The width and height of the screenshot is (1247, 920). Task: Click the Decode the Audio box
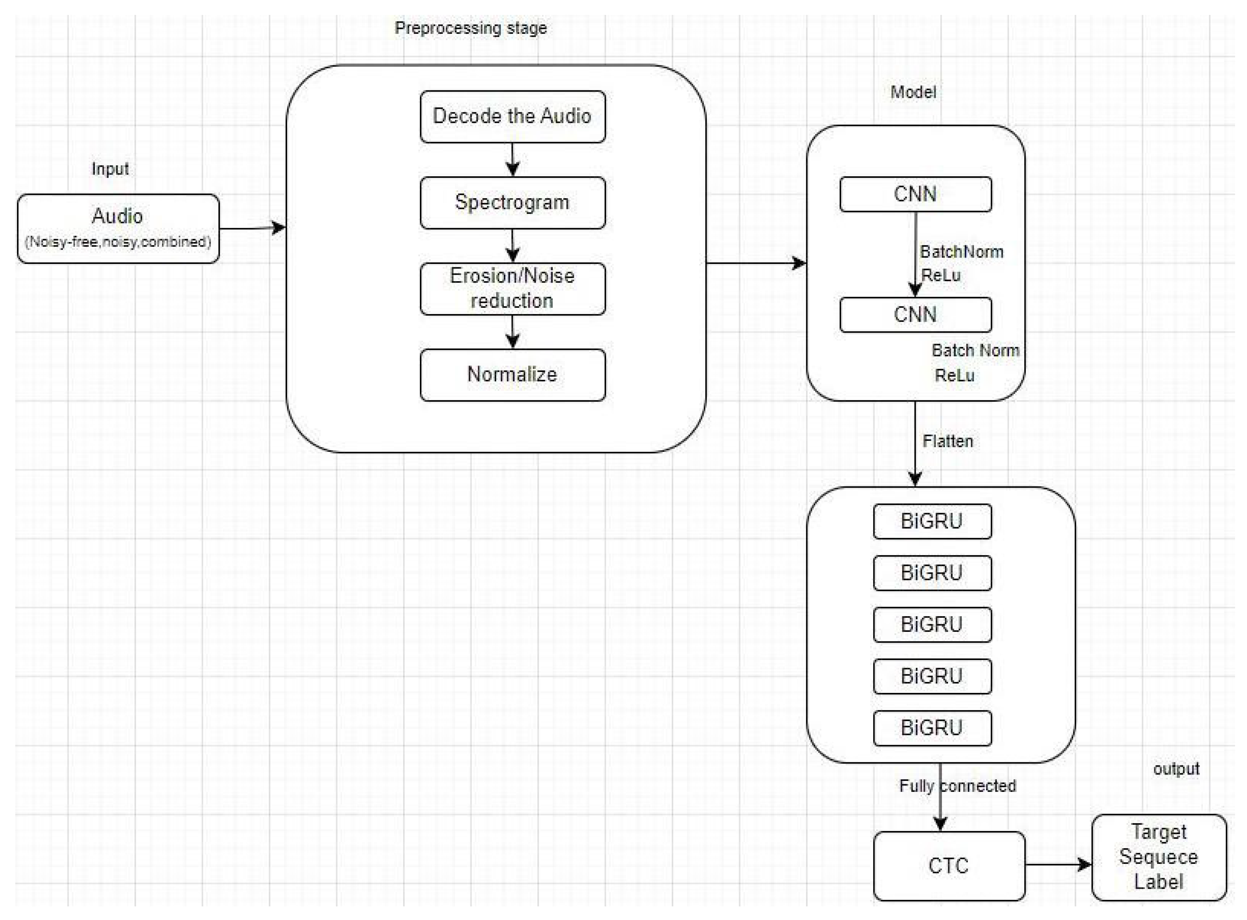click(512, 117)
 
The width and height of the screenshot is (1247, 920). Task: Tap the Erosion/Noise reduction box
click(512, 289)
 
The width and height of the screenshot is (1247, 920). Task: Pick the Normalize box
click(512, 374)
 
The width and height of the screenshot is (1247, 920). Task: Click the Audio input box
click(118, 228)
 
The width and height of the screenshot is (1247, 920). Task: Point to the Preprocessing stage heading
click(470, 28)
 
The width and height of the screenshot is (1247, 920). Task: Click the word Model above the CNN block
click(913, 92)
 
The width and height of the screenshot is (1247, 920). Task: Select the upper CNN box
click(915, 194)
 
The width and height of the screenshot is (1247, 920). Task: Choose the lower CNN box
click(915, 315)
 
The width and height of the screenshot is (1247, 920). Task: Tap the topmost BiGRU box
click(932, 521)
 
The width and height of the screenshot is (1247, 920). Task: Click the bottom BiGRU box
click(932, 728)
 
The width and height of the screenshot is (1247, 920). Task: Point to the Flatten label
click(948, 441)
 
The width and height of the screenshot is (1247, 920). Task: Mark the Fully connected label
click(958, 786)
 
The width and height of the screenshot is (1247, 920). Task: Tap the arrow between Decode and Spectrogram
click(513, 159)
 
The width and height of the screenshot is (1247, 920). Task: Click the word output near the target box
click(1176, 769)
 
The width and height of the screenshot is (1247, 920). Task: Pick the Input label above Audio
click(110, 169)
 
